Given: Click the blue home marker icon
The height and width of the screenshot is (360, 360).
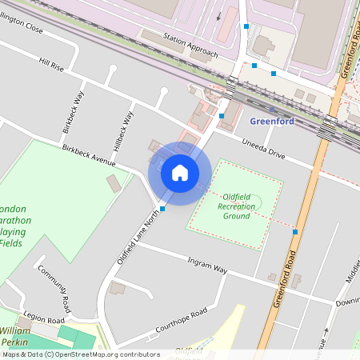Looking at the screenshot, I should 180,172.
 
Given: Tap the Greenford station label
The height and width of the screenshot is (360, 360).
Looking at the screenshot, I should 272,122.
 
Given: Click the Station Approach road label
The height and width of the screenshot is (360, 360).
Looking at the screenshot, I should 190,47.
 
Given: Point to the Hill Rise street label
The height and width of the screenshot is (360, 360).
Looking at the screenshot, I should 50,62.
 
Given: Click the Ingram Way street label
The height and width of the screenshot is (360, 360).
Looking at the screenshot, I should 207,266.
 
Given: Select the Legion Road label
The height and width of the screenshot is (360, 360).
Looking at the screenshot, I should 43,319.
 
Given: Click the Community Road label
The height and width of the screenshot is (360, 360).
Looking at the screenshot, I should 55,287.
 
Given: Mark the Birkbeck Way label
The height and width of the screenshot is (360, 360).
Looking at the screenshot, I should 74,113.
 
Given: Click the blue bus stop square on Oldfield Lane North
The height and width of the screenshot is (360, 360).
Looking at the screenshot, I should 162,208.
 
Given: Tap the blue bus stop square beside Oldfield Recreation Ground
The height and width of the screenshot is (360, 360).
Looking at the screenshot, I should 295,232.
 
